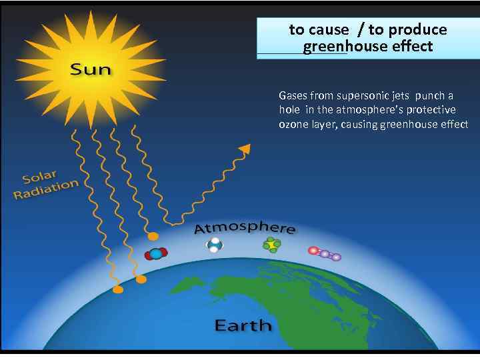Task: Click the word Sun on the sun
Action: [x=91, y=69]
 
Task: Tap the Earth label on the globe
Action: [x=243, y=325]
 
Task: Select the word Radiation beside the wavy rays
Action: [x=46, y=189]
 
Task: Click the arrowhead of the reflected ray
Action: [x=245, y=149]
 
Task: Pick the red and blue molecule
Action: [x=156, y=253]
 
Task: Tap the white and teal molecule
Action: [x=214, y=246]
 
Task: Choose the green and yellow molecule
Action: [x=271, y=245]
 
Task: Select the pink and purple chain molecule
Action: [x=324, y=253]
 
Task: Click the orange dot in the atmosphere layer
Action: [x=153, y=236]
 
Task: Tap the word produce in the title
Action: [x=417, y=29]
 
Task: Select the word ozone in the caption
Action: [x=292, y=125]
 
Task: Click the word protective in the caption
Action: [x=431, y=110]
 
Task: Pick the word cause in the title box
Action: [x=329, y=29]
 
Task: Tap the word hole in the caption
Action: [x=289, y=110]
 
